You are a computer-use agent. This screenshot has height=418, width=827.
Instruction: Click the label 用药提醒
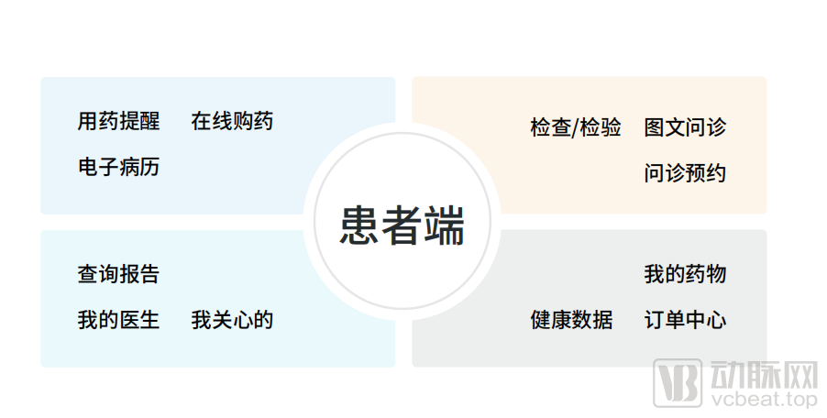pos(118,121)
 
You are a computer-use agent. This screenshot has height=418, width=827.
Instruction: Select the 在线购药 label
pos(232,121)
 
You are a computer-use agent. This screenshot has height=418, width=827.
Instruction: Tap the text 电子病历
pos(118,167)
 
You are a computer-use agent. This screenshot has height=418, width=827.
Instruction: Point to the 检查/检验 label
pos(576,127)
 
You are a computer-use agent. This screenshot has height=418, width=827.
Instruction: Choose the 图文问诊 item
pos(685,127)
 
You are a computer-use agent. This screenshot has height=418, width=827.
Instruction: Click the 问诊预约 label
pos(685,173)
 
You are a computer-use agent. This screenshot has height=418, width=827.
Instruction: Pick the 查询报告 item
pos(118,274)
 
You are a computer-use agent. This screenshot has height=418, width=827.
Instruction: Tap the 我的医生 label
pos(118,320)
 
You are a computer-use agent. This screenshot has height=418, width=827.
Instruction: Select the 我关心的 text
pos(232,320)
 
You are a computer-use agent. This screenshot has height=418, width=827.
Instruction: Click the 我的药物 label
pos(685,274)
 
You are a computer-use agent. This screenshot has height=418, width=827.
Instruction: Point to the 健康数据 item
pos(571,320)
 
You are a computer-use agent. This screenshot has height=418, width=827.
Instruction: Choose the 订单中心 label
pos(685,320)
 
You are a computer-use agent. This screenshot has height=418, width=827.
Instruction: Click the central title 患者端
pos(402,225)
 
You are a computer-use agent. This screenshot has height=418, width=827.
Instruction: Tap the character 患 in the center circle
pos(359,225)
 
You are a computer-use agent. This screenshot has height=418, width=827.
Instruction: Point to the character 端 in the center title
pos(445,225)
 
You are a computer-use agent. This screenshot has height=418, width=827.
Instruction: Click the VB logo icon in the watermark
pos(678,383)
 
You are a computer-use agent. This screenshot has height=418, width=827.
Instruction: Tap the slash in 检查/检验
pos(576,128)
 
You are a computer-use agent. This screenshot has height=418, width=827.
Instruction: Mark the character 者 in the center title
pos(402,225)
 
